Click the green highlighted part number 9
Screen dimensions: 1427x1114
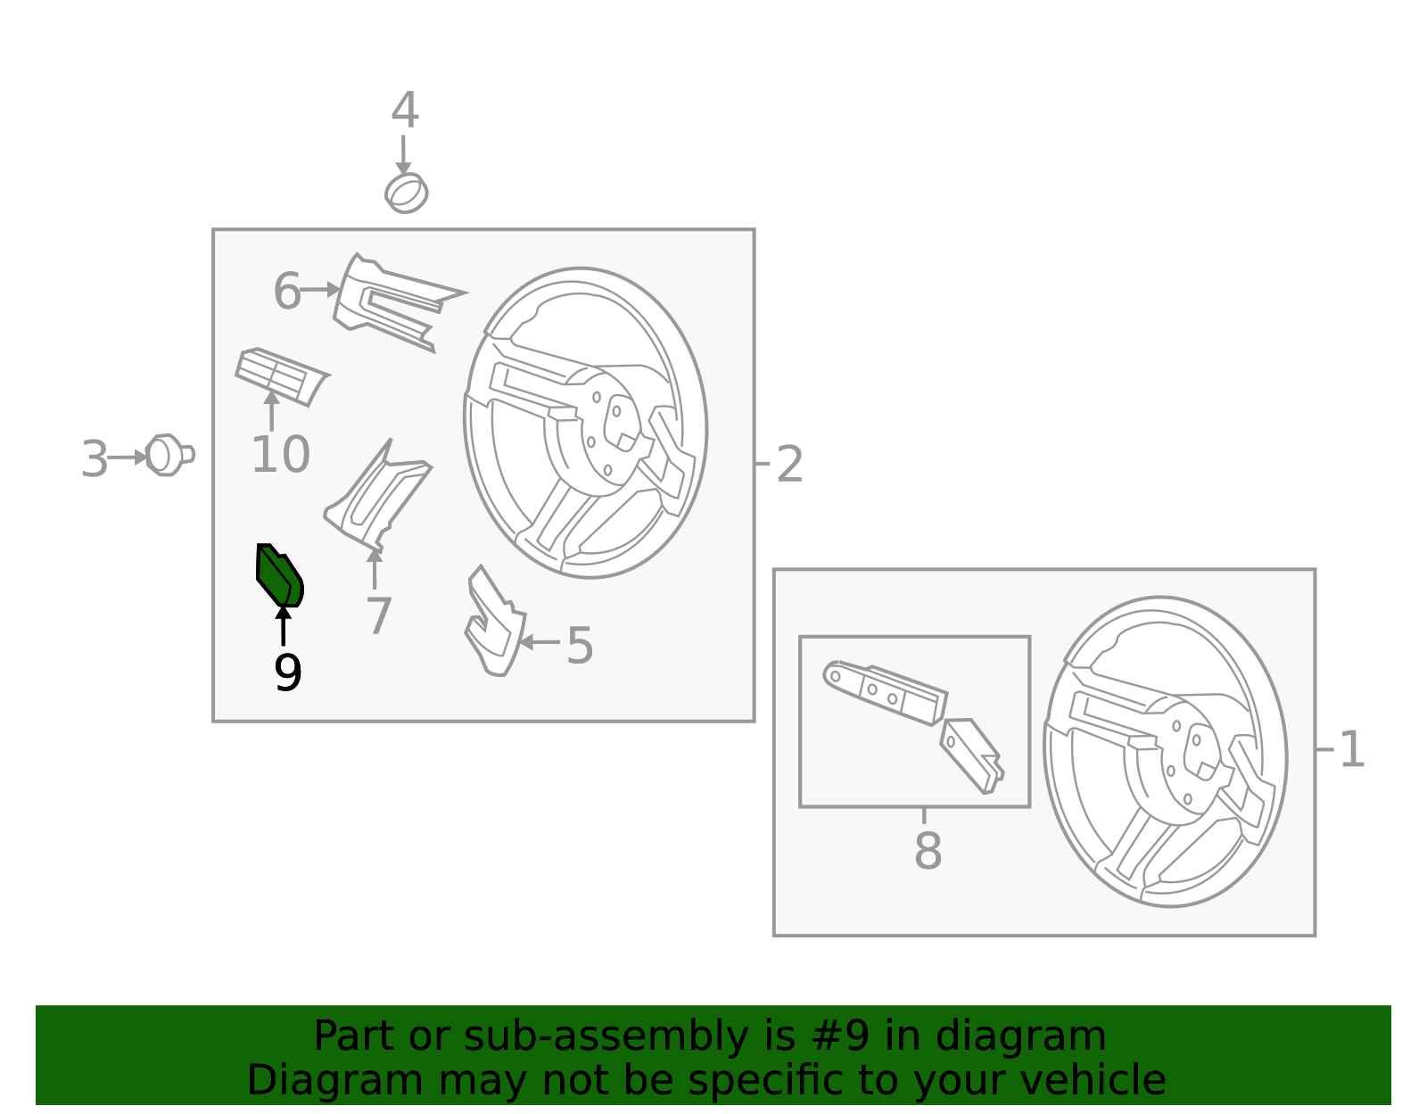[x=277, y=575]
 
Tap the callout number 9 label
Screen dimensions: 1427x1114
[x=288, y=673]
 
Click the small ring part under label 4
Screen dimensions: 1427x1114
[x=406, y=193]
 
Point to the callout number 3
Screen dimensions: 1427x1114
[x=94, y=459]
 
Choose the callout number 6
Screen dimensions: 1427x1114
[x=287, y=291]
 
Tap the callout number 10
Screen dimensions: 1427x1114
[x=280, y=454]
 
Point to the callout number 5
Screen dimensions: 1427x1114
[x=580, y=645]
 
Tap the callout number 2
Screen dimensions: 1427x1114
[x=789, y=464]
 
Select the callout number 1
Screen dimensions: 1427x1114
[x=1352, y=749]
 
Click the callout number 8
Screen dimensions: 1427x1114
[x=928, y=851]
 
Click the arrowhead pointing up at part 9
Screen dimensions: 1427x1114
[x=283, y=613]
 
